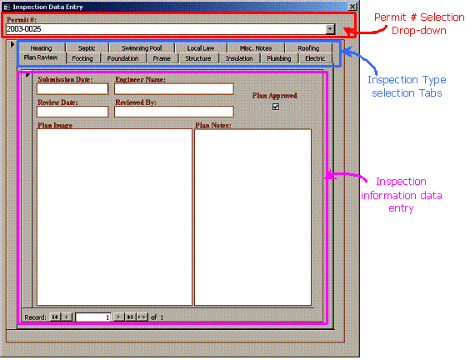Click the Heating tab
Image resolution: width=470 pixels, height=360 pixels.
click(41, 48)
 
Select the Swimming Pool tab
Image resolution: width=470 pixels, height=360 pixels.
click(142, 48)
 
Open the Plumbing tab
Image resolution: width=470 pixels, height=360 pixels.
click(279, 58)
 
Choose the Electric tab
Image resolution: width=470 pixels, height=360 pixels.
click(315, 58)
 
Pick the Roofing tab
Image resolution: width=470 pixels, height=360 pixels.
click(308, 48)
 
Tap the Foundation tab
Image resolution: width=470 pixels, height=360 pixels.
click(122, 58)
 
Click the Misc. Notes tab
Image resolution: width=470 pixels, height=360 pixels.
click(256, 48)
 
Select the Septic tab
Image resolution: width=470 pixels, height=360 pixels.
click(87, 48)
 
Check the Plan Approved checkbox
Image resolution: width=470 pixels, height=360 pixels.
click(276, 107)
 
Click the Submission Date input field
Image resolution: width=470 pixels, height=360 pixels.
click(72, 89)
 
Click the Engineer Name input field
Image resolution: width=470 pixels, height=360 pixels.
click(174, 89)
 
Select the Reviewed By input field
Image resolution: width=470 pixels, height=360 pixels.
click(174, 112)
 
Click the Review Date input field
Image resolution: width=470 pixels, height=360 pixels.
click(72, 112)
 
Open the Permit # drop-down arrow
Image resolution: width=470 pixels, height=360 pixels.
click(330, 29)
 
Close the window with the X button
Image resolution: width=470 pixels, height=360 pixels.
click(352, 7)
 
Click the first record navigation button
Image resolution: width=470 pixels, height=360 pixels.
click(55, 317)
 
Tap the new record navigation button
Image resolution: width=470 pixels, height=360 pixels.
click(142, 317)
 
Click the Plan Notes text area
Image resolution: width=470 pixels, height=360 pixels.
click(253, 217)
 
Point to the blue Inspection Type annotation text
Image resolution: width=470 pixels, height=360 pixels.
click(407, 87)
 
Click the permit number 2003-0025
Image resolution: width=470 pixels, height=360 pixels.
click(23, 29)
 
